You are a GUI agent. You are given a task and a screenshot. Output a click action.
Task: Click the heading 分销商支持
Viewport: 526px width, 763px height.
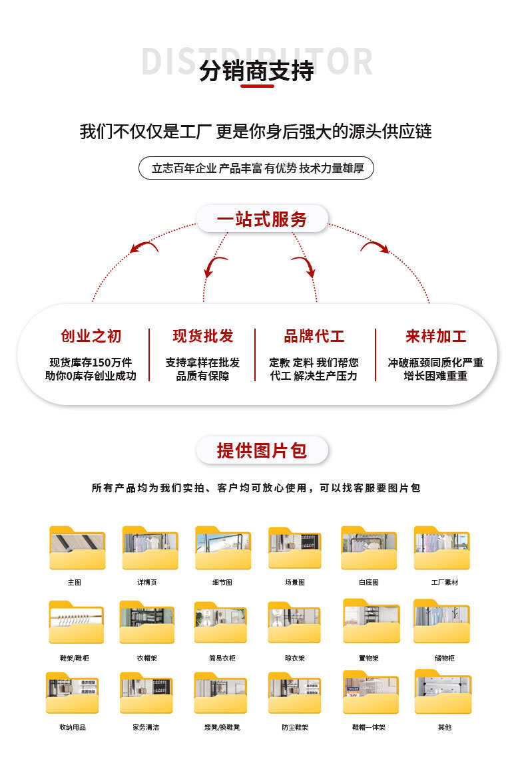pos(256,71)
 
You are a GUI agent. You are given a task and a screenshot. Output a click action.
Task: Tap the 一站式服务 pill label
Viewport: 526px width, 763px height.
pos(262,219)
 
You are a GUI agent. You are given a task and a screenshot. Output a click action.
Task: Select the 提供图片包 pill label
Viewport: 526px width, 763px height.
pos(262,450)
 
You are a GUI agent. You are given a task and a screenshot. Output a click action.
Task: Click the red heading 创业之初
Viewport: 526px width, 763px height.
pos(91,336)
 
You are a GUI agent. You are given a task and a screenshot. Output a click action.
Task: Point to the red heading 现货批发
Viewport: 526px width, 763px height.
pos(203,336)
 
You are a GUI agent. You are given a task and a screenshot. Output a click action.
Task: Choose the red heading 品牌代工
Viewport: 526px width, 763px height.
pos(314,336)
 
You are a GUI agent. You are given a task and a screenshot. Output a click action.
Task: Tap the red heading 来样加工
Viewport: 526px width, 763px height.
pos(435,336)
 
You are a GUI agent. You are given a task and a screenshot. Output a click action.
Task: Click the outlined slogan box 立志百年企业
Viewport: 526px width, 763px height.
pos(256,168)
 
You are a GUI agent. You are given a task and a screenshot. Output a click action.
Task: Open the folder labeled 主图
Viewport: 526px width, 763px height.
pos(77,549)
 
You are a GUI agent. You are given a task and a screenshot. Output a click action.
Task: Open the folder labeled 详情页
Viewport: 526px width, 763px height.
pos(150,549)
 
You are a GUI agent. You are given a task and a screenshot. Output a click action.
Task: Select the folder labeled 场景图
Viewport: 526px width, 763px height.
pos(295,549)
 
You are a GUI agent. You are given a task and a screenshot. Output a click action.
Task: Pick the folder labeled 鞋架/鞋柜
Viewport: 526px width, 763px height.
pos(77,623)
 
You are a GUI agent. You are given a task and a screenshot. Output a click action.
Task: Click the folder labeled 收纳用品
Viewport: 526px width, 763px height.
pos(73,694)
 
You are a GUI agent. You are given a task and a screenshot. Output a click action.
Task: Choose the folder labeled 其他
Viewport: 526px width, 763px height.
pos(443,693)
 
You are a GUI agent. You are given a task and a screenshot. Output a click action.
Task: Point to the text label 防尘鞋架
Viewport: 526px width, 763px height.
pos(295,727)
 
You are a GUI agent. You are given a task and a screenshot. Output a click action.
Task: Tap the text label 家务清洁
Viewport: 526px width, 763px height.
pos(146,727)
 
